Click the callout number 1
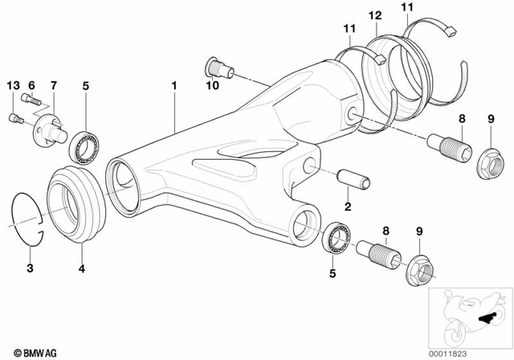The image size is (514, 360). [173, 84]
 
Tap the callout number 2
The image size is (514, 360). [348, 207]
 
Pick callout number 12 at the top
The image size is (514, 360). [375, 15]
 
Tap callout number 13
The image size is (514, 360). [11, 85]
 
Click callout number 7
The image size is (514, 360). [54, 85]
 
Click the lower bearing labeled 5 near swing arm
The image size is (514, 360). [338, 239]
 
